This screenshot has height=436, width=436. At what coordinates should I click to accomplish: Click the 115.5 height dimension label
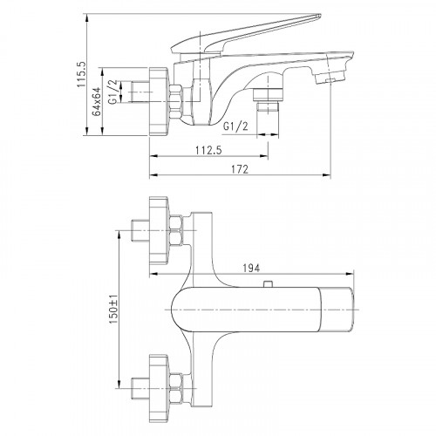[80, 74]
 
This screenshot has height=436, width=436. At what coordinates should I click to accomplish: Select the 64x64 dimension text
[97, 101]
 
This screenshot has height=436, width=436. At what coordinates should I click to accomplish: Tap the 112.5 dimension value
[208, 150]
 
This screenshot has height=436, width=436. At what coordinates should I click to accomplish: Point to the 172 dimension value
[240, 169]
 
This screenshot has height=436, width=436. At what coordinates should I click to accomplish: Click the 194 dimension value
[251, 268]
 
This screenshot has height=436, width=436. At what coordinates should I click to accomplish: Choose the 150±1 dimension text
[113, 309]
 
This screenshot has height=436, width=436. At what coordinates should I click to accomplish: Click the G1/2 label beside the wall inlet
[113, 92]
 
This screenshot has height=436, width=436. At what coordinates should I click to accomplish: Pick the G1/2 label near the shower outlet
[235, 126]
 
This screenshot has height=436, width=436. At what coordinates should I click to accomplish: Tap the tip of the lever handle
[319, 16]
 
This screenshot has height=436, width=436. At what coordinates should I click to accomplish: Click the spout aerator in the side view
[330, 78]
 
